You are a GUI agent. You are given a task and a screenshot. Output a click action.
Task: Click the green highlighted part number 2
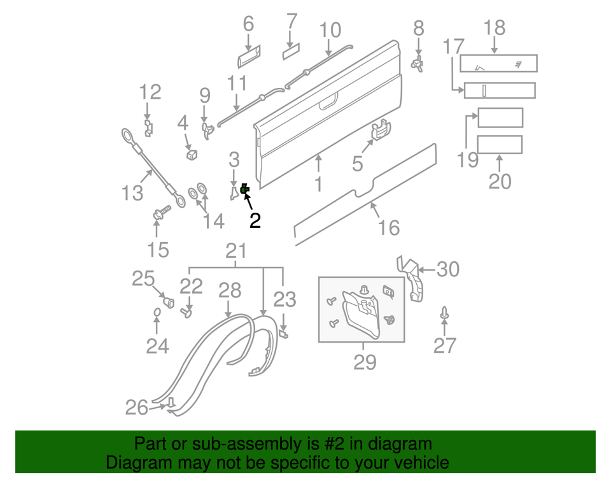(244, 189)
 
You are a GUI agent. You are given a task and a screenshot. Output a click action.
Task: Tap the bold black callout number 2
(255, 220)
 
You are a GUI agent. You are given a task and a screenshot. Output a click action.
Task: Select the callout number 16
(388, 227)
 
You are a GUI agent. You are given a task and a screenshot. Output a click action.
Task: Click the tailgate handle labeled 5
(380, 129)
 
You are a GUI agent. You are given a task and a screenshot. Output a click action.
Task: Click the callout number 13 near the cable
(132, 192)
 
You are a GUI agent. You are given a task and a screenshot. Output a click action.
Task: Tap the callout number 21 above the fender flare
(236, 250)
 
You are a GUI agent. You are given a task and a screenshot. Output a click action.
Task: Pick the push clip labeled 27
(444, 314)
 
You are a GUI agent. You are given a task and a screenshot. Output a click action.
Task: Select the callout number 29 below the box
(365, 362)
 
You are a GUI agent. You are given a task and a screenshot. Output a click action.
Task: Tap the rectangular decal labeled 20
(500, 145)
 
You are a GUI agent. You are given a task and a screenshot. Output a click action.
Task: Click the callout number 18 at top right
(495, 27)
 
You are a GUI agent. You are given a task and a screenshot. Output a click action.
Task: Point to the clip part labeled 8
(418, 64)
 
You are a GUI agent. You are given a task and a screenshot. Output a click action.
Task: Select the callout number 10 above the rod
(330, 30)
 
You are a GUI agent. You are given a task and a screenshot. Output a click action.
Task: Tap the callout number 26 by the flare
(137, 407)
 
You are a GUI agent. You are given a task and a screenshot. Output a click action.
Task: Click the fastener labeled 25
(169, 301)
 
